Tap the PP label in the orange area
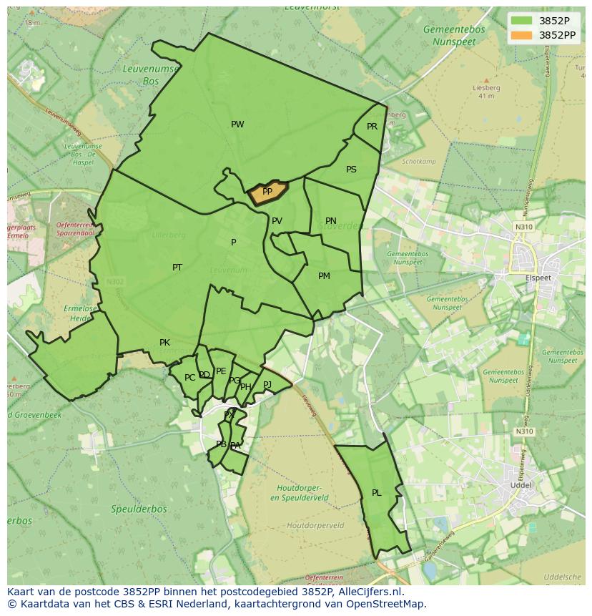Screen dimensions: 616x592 point(267,192)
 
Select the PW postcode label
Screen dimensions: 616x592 point(237,124)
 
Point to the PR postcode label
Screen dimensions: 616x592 point(372,127)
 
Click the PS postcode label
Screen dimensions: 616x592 point(351,170)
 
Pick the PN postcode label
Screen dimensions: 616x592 point(330,221)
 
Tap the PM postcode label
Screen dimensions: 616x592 point(324,276)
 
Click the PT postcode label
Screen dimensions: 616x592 point(177,268)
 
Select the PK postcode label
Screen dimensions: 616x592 point(164,343)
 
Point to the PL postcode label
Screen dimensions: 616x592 point(377,493)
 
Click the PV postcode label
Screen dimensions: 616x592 point(277,221)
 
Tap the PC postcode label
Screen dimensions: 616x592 point(189,378)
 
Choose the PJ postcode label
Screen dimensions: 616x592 point(267,384)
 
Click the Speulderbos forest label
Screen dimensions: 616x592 point(139,509)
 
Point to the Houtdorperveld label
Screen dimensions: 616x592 point(315,525)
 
